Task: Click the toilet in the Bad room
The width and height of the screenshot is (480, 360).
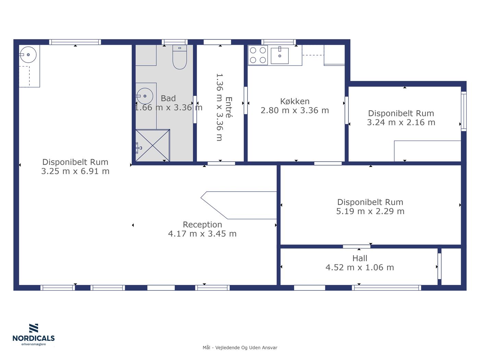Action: (x=180, y=57)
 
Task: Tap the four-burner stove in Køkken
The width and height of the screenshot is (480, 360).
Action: (x=258, y=55)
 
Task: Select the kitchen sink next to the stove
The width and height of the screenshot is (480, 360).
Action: (x=279, y=56)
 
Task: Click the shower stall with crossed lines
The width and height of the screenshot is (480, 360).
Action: (x=153, y=146)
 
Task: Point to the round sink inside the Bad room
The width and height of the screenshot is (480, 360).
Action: (x=145, y=96)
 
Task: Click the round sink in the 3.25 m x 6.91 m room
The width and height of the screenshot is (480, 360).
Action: (x=28, y=55)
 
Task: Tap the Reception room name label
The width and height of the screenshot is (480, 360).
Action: (x=202, y=225)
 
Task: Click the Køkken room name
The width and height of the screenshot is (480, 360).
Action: (x=295, y=101)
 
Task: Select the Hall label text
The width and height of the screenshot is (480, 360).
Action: (x=360, y=259)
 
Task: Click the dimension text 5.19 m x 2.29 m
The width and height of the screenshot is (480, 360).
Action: (x=370, y=211)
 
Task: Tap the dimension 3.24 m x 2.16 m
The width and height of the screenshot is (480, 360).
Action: (x=401, y=122)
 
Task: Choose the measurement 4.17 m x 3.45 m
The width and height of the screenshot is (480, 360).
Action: (x=202, y=234)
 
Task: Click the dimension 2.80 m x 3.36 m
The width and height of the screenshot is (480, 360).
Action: (x=295, y=110)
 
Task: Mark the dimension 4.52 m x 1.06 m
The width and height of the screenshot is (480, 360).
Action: (x=360, y=267)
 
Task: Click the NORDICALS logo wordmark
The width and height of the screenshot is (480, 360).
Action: (x=34, y=338)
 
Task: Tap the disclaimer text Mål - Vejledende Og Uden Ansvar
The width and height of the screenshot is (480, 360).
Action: (x=240, y=348)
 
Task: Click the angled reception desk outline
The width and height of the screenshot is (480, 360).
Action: (x=239, y=205)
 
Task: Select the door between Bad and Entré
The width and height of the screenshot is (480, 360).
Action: (x=195, y=109)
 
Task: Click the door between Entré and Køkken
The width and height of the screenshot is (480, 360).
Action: (x=245, y=100)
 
